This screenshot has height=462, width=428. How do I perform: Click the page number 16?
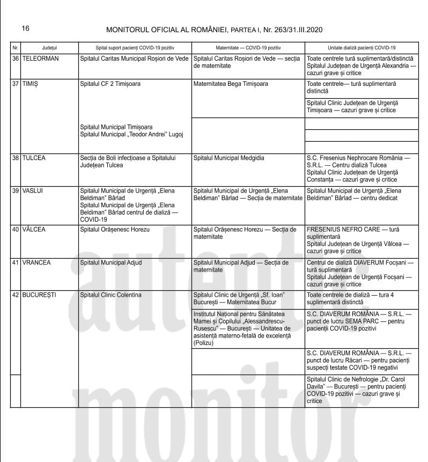[26, 28]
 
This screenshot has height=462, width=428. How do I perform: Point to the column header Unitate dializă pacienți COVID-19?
[361, 47]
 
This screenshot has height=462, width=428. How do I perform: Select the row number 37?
[16, 84]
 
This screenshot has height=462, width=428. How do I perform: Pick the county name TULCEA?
[34, 158]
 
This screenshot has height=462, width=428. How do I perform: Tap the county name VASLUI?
[33, 191]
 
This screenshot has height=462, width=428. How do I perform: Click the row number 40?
[16, 230]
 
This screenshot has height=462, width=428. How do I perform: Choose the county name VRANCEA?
[36, 262]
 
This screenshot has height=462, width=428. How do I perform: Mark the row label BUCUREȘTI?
[39, 295]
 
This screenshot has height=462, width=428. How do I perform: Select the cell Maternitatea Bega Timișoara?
[231, 84]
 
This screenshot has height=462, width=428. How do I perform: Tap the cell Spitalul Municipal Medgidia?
[228, 158]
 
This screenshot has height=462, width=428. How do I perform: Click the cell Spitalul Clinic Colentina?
[110, 295]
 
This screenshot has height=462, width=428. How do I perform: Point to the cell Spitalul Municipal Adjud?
[111, 262]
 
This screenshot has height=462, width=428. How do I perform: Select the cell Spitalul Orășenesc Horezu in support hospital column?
[114, 230]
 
